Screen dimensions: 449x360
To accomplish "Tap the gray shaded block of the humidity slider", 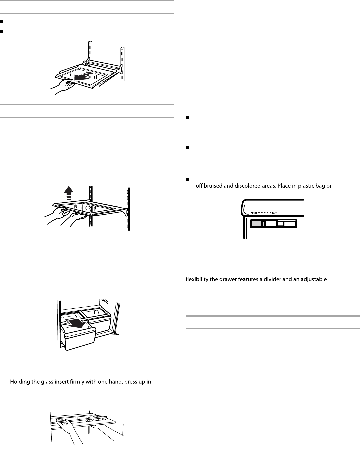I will pyautogui.click(x=256, y=224).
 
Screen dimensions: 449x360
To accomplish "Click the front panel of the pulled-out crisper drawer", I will pyautogui.click(x=80, y=338).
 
